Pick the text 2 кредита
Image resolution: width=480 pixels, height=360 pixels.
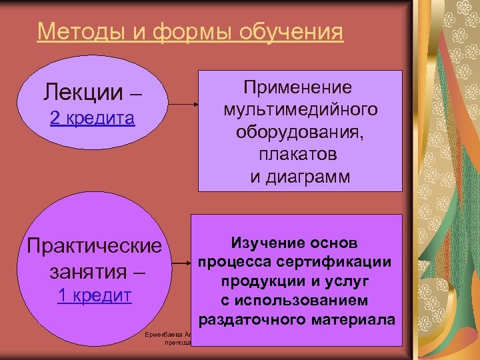click(93, 119)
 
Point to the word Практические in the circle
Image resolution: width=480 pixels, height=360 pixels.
click(94, 245)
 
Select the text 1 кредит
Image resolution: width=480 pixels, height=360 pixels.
click(94, 296)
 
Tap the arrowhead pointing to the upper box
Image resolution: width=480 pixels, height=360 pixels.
click(196, 104)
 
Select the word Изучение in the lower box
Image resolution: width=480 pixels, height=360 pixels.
click(262, 243)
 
